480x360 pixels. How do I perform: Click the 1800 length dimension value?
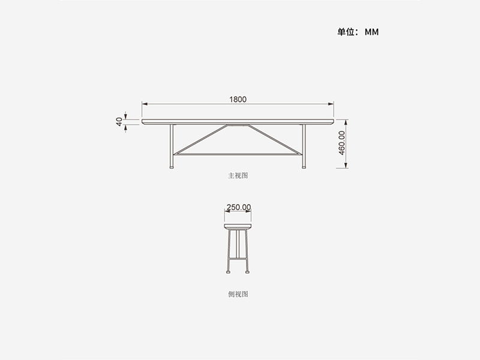238,100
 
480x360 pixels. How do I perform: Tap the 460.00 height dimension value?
342,143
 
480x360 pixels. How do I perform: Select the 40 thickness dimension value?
119,122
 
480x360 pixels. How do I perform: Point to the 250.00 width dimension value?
238,207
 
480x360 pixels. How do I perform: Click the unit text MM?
372,32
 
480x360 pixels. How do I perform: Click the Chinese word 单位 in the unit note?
346,32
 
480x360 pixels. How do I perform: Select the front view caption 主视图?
238,176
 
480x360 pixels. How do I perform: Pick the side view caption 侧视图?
238,294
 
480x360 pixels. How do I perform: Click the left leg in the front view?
172,144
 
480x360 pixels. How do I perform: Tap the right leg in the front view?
304,144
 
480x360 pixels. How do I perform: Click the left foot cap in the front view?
172,167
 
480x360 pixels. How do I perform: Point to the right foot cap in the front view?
304,167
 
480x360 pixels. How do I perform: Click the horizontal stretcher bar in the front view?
238,154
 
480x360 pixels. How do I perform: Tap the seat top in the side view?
238,226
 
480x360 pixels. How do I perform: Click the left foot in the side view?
229,271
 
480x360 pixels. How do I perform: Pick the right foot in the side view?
248,271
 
